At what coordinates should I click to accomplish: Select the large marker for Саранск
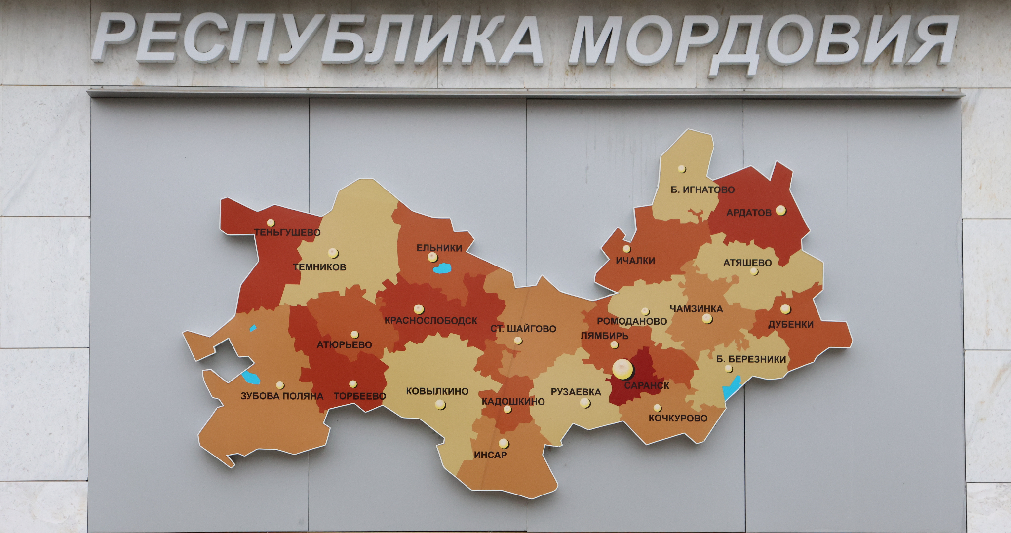click(622, 368)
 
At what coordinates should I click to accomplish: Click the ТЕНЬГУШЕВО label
click(287, 232)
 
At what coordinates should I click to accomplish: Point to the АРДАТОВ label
click(748, 213)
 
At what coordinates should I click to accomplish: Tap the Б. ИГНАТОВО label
click(702, 190)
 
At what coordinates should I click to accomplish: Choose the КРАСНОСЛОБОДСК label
click(430, 321)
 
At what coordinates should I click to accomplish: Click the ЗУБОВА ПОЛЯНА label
click(282, 396)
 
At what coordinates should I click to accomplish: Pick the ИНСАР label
click(490, 455)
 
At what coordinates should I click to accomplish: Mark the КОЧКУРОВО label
click(678, 418)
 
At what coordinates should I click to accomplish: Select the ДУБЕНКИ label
click(790, 324)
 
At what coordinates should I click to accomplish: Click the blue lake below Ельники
click(442, 268)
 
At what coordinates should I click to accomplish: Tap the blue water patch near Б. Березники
click(732, 388)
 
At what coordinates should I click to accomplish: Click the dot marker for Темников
click(333, 253)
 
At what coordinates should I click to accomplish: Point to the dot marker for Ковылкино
click(440, 405)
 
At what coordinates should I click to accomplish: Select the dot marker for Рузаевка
click(585, 403)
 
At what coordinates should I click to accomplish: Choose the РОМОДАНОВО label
click(631, 321)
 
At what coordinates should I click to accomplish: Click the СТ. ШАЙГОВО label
click(523, 329)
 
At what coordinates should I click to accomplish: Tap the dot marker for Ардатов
click(780, 210)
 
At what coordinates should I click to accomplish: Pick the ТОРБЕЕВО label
click(359, 396)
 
